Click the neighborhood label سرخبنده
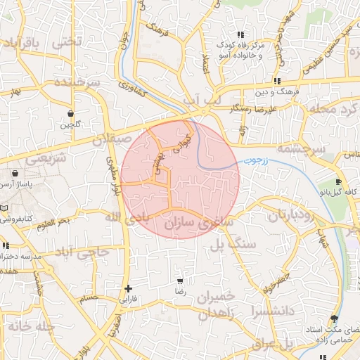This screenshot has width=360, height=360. [x=73, y=83]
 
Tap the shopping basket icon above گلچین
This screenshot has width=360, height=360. [x=71, y=113]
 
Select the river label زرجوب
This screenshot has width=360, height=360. [x=257, y=161]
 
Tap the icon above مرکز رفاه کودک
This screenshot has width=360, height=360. [x=240, y=34]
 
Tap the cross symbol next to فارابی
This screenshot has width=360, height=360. [x=128, y=288]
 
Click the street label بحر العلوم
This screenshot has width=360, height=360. [x=53, y=222]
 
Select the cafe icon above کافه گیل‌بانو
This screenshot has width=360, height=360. [x=338, y=181]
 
